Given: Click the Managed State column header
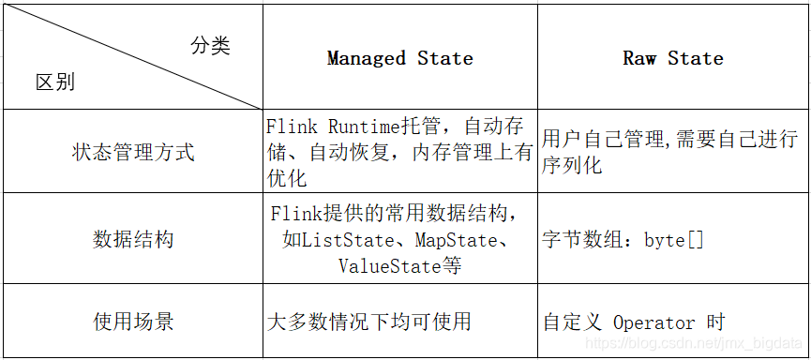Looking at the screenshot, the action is [x=399, y=58].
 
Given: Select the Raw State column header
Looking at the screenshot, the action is [x=672, y=58].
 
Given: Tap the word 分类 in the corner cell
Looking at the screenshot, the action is [x=210, y=46].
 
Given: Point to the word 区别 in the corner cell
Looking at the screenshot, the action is [x=54, y=82].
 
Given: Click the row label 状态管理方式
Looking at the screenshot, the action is [x=133, y=152].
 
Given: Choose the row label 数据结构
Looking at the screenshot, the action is [x=133, y=239].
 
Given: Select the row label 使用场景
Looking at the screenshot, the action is [x=133, y=322].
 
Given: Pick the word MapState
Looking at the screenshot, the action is [x=455, y=240].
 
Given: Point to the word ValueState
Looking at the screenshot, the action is [x=390, y=266].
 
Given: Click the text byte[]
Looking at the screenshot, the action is [x=673, y=240].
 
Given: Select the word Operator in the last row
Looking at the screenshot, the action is [x=653, y=322].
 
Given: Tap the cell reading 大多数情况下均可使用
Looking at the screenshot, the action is [x=368, y=322].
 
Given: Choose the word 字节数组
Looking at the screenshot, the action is [x=582, y=240].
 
